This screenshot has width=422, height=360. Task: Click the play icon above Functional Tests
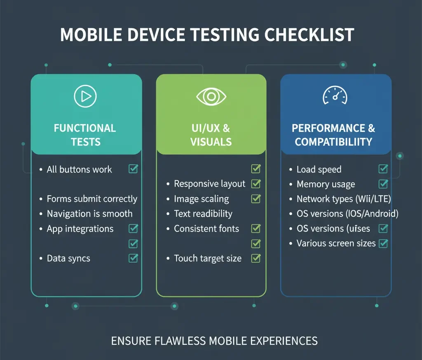coord(85,96)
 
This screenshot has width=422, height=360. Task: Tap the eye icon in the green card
coord(211,96)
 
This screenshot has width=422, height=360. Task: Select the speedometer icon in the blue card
coord(335,96)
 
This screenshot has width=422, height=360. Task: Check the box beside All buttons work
coord(133,169)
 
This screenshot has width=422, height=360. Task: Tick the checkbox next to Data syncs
coord(133,258)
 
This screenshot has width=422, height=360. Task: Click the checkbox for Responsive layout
coord(256,184)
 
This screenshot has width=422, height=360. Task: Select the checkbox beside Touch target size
coord(256,258)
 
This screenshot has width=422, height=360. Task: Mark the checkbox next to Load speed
coord(383,169)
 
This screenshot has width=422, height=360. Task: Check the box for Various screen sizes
coord(383,243)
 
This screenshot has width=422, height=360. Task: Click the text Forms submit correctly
coord(92,199)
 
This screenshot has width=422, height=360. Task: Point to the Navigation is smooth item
coord(89,214)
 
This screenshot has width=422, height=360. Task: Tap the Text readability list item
coord(203,214)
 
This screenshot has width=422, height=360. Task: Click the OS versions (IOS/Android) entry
coord(347,214)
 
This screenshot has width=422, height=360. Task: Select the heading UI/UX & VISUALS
coord(211,135)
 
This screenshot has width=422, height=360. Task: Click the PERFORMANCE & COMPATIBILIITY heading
coord(334,135)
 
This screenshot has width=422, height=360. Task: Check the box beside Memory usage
coord(383,184)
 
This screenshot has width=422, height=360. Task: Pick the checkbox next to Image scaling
coord(256,199)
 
